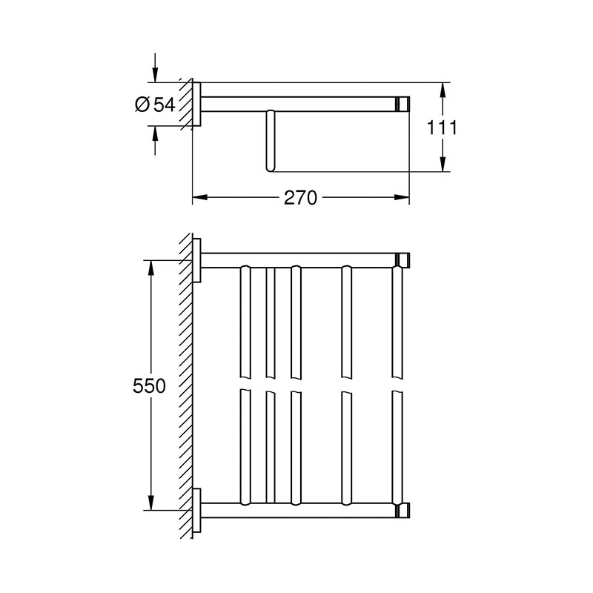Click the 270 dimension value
click(x=301, y=198)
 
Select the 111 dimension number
click(x=442, y=127)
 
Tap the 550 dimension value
click(x=149, y=386)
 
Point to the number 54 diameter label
click(x=165, y=105)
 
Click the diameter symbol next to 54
click(x=142, y=105)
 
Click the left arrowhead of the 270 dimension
click(x=200, y=197)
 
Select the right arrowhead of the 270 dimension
click(x=402, y=197)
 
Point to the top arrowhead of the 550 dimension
click(x=151, y=268)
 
